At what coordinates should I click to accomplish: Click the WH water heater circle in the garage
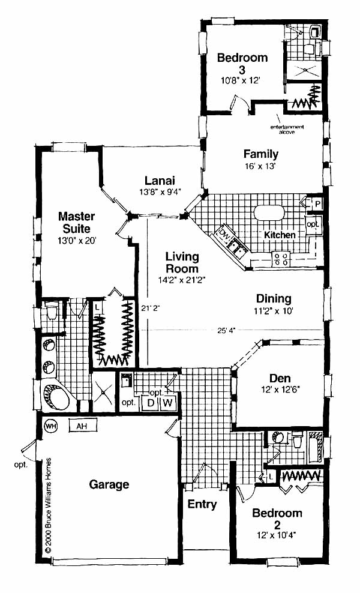point(50,426)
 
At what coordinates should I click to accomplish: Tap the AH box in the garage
point(82,426)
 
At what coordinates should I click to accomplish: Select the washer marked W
point(168,402)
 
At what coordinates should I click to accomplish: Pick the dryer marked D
point(151,402)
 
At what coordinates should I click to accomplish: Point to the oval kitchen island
point(269,212)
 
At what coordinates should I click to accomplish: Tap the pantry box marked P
point(317,204)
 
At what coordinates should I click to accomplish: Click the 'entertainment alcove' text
point(287,129)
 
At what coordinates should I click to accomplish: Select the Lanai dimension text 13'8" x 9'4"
point(160,191)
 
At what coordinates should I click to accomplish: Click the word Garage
point(109,484)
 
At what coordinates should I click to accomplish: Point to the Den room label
point(280,378)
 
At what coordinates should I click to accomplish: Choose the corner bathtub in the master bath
point(56,397)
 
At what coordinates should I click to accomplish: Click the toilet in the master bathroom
point(51,311)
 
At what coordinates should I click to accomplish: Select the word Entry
point(202,504)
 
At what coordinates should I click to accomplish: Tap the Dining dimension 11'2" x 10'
point(274,311)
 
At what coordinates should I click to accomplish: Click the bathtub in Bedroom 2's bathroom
point(315,448)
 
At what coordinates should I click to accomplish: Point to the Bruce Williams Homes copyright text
point(48,506)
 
